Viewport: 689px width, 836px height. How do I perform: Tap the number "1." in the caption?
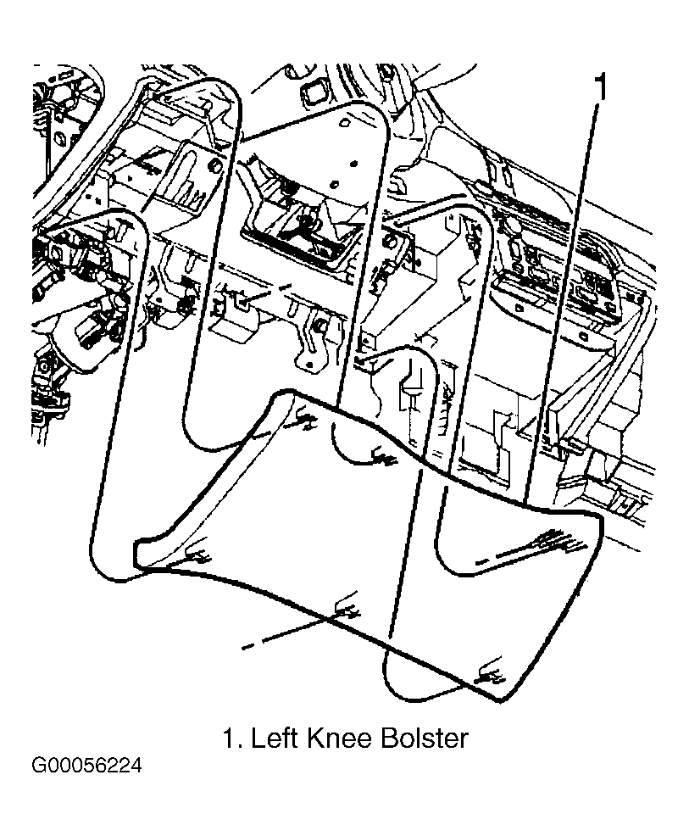[x=231, y=739]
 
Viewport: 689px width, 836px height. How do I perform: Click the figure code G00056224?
[x=87, y=766]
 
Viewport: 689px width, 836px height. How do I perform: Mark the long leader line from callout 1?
[x=561, y=304]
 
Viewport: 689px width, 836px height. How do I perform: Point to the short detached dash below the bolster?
[x=248, y=647]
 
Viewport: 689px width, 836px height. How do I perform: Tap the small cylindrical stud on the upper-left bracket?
[x=214, y=165]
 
